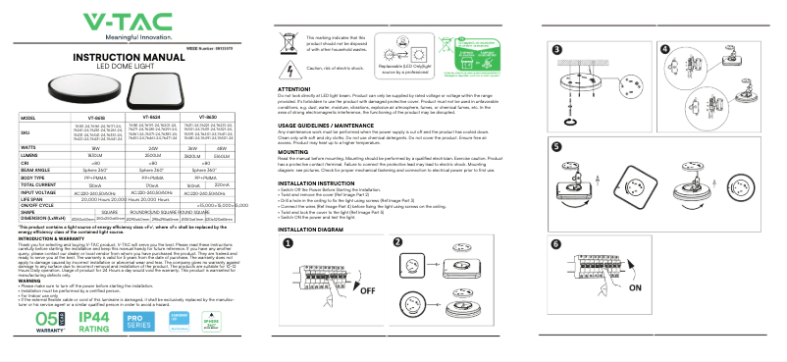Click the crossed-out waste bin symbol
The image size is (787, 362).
click(291, 43)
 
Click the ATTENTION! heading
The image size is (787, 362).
click(294, 88)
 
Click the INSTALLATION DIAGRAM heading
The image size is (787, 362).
click(311, 229)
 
